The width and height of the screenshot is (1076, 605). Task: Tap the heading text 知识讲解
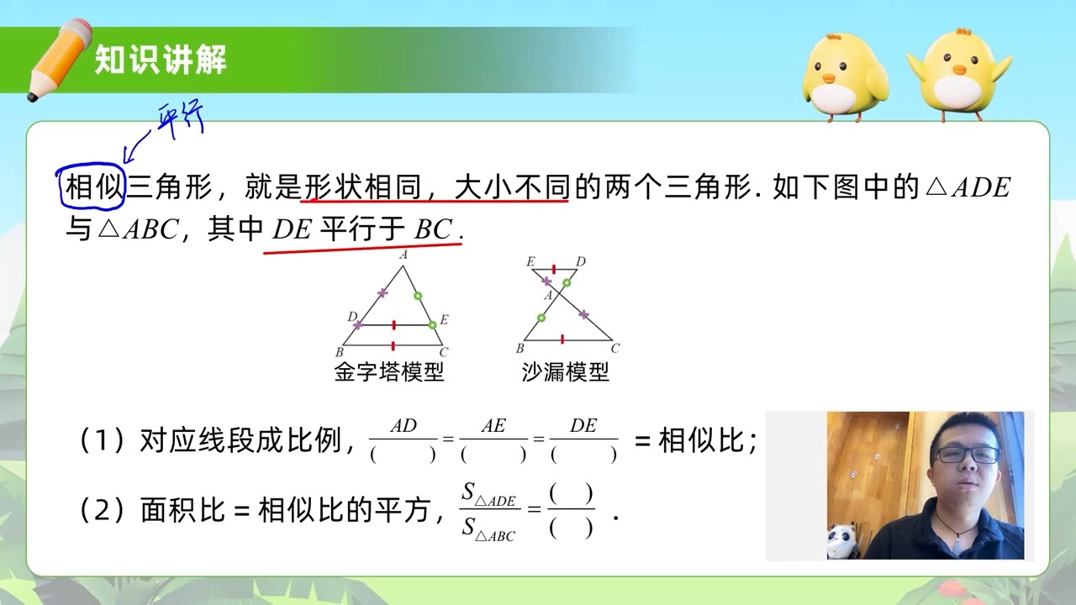click(161, 60)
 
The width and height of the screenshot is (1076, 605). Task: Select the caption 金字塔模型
click(388, 371)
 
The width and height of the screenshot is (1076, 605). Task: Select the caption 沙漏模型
click(565, 371)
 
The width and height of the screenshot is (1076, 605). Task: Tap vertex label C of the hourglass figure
click(615, 348)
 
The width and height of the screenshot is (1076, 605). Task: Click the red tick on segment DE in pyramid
click(393, 324)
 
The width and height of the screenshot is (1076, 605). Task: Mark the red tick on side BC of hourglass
click(562, 339)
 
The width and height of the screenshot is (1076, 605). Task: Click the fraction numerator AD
click(403, 426)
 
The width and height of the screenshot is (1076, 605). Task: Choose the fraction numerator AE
click(493, 426)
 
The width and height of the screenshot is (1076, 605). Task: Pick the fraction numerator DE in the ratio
click(583, 426)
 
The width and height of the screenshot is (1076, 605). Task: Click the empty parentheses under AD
click(403, 455)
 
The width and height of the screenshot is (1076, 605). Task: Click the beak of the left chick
click(829, 80)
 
